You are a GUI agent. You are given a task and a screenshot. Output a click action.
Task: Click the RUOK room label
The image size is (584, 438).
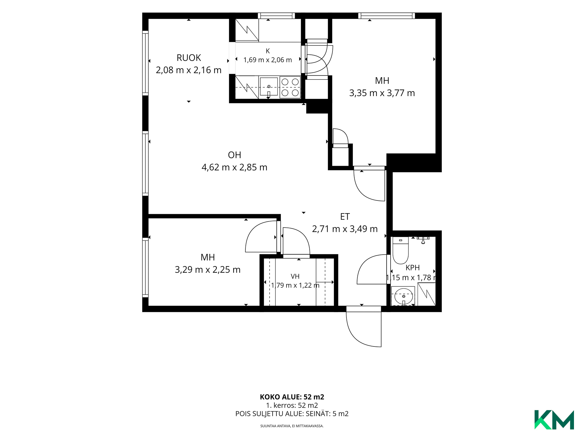[x=189, y=57]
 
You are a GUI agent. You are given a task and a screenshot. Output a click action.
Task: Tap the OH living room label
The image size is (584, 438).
[x=235, y=155]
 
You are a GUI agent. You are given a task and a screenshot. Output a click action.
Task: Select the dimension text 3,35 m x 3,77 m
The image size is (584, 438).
[x=382, y=93]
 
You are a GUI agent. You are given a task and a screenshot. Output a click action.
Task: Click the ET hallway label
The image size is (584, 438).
[x=345, y=217]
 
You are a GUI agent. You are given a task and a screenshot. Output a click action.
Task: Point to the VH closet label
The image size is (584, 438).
[x=295, y=276]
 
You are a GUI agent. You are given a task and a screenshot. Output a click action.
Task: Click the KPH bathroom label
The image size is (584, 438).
[x=412, y=268]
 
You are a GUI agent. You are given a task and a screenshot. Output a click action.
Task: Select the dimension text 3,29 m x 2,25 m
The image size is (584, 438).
[x=208, y=269]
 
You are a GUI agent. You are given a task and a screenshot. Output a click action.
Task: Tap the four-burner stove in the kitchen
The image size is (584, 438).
[x=290, y=87]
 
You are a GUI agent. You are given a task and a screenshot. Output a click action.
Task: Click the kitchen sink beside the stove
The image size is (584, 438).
[x=269, y=87]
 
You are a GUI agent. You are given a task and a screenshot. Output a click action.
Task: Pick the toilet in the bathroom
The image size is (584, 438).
[x=401, y=250]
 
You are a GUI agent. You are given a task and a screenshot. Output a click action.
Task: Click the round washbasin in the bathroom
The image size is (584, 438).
[x=404, y=296]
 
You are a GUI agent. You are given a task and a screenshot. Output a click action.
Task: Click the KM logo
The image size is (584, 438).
[x=554, y=420]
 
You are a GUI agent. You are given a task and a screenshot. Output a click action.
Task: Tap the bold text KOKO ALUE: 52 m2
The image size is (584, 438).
[x=292, y=397]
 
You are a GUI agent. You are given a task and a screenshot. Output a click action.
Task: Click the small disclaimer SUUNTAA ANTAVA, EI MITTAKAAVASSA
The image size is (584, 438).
[x=292, y=426]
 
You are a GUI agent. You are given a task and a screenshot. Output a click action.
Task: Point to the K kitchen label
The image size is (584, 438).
[x=268, y=51]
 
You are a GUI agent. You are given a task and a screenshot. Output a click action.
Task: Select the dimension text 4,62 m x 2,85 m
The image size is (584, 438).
[x=235, y=167]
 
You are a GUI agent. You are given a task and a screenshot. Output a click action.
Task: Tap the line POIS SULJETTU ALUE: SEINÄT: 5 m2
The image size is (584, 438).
[x=292, y=414]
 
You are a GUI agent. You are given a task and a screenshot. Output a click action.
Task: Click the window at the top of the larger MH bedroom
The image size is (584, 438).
[x=387, y=16]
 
